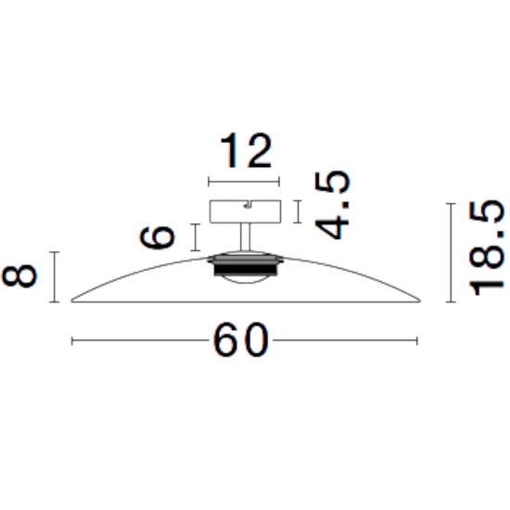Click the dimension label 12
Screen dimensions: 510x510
coord(246,150)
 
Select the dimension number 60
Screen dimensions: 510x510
coord(241,340)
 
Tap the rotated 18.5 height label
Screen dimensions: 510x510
coord(486,248)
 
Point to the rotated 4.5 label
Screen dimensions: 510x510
coord(332,205)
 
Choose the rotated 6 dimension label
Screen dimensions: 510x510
coord(158,237)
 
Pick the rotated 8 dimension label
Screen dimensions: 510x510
coord(19,275)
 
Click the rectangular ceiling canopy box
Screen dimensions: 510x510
coord(245,211)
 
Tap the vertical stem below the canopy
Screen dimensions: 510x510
coord(245,237)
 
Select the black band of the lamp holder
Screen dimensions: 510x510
coord(246,269)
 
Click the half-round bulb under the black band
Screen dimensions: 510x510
coord(246,279)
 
